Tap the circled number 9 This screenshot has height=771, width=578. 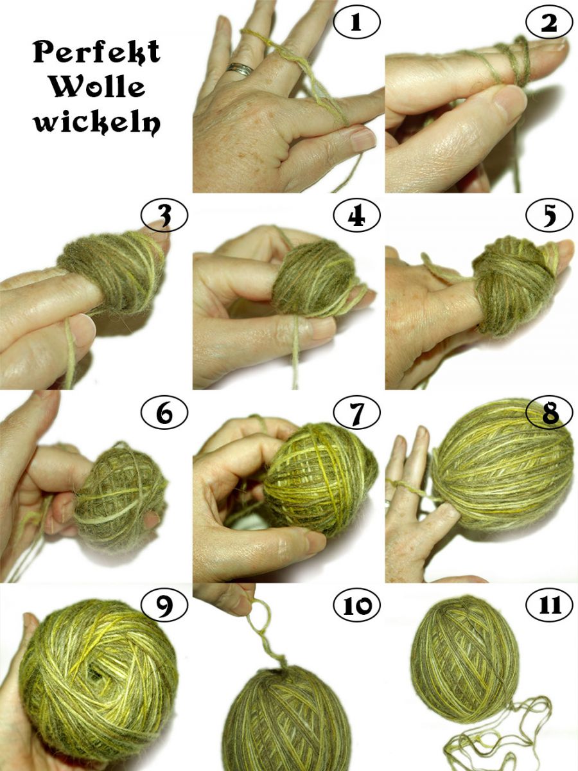164,605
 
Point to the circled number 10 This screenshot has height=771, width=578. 356,605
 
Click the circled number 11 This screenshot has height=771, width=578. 549,605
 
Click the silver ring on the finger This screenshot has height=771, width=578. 239,69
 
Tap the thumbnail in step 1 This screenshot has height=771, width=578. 362,139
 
